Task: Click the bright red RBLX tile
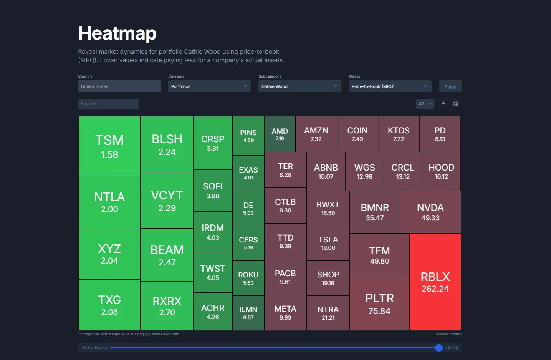435,282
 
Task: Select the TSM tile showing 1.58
109,146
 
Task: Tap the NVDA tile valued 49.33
430,212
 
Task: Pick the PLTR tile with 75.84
379,304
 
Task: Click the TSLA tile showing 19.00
328,243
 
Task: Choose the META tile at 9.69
285,313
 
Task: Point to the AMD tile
280,134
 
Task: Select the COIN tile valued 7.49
357,134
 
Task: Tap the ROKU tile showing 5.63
248,278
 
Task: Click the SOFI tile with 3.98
213,191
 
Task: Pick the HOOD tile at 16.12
441,171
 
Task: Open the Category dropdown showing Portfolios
209,86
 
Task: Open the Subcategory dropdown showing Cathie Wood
299,86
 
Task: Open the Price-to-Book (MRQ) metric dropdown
390,86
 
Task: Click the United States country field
119,86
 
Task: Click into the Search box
109,104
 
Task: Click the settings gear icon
456,104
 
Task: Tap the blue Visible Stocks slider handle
439,348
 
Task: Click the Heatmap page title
117,33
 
